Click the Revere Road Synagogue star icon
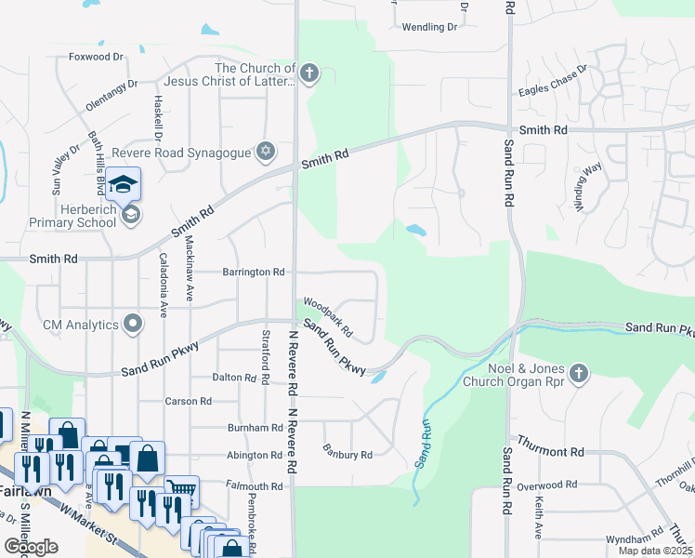coord(267,151)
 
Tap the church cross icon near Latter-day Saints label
coord(308,74)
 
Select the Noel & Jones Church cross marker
coord(579,372)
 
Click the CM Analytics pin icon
coord(133,325)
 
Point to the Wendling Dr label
coord(429,27)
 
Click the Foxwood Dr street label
coord(96,57)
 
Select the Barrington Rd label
coord(253,272)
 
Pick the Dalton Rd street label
coord(234,378)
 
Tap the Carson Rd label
coord(189,401)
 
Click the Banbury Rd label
coord(347,455)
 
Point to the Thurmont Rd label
coord(551,451)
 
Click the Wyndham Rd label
coord(634,539)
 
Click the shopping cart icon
coord(181,488)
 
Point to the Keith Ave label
coord(538,517)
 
